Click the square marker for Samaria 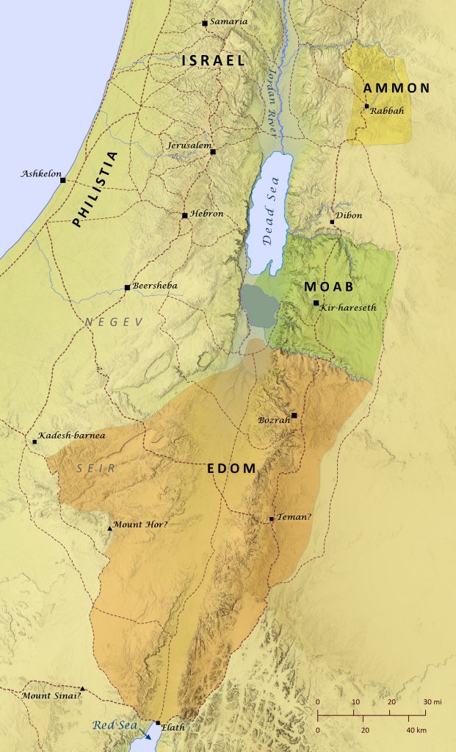click(205, 23)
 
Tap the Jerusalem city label click(188, 145)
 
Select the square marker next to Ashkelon click(63, 180)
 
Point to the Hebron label click(206, 214)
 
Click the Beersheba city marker click(127, 287)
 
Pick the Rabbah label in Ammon click(387, 110)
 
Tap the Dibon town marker click(332, 221)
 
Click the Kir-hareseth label click(347, 308)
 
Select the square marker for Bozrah click(294, 416)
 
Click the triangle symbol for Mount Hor click(110, 527)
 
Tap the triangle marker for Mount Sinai click(82, 689)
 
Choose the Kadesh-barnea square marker click(35, 441)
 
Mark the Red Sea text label click(112, 726)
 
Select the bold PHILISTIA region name click(94, 190)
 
